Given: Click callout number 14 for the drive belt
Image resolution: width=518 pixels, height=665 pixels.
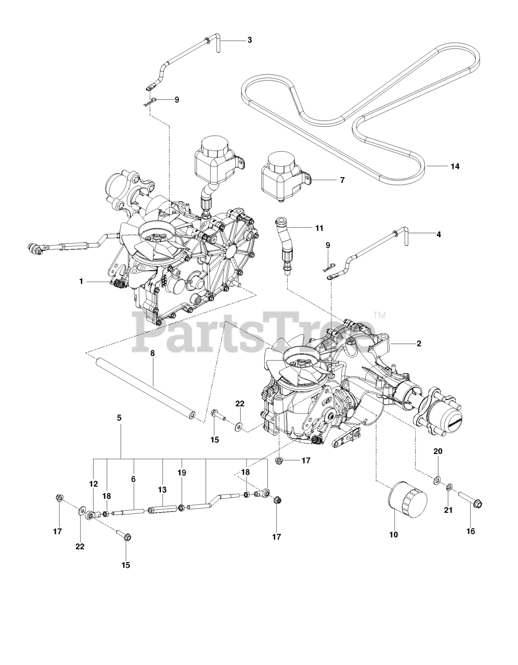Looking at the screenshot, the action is [x=455, y=167].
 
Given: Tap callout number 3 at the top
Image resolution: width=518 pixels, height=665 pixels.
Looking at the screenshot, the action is [x=250, y=39].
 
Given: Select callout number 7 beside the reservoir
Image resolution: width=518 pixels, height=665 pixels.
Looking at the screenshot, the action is [x=342, y=180].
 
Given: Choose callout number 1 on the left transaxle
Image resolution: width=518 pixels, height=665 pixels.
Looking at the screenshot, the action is [x=81, y=281].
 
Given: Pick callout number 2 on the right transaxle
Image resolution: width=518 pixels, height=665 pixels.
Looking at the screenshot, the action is [x=419, y=343].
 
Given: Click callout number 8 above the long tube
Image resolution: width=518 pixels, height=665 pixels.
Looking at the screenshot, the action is [x=152, y=353].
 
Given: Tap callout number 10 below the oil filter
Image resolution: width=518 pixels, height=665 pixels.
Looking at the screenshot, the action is [x=393, y=534].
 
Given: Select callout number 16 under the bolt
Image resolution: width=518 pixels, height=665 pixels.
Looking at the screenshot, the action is [x=471, y=531].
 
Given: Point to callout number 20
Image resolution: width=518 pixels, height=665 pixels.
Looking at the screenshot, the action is [x=438, y=451].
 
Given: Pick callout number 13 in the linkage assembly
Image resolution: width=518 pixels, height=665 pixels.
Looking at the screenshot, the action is [x=162, y=489].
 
